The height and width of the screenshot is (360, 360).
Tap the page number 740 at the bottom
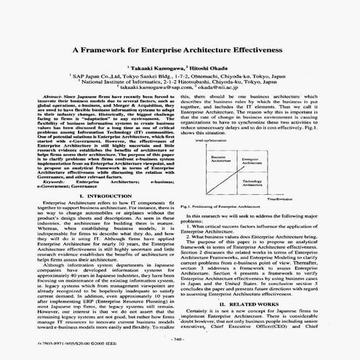[x=178, y=339]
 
